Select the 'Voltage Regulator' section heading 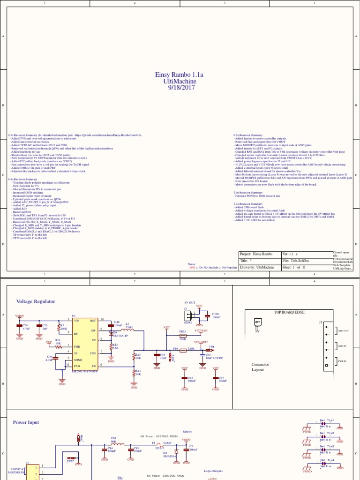click(x=36, y=301)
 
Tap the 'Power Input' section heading click(x=26, y=422)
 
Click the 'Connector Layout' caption click(x=260, y=367)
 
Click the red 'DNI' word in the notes click(x=192, y=267)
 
